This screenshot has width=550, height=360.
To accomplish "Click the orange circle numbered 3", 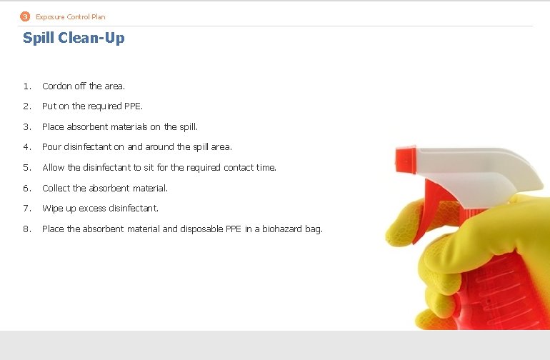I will tap(25, 16).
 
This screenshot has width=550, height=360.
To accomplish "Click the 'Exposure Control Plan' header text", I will tap(71, 16).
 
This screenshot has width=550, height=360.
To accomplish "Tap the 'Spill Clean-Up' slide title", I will tap(74, 38).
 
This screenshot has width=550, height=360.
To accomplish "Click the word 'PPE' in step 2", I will tap(133, 106).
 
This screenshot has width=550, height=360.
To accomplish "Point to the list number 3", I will tap(26, 127).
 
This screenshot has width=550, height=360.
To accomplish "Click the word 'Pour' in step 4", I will tap(51, 147).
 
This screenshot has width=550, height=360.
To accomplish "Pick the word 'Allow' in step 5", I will tap(53, 168).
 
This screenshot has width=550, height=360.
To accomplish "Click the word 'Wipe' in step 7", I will tap(52, 209).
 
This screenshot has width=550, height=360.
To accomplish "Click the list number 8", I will tap(26, 229).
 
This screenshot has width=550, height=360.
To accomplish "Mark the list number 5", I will tap(26, 168).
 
